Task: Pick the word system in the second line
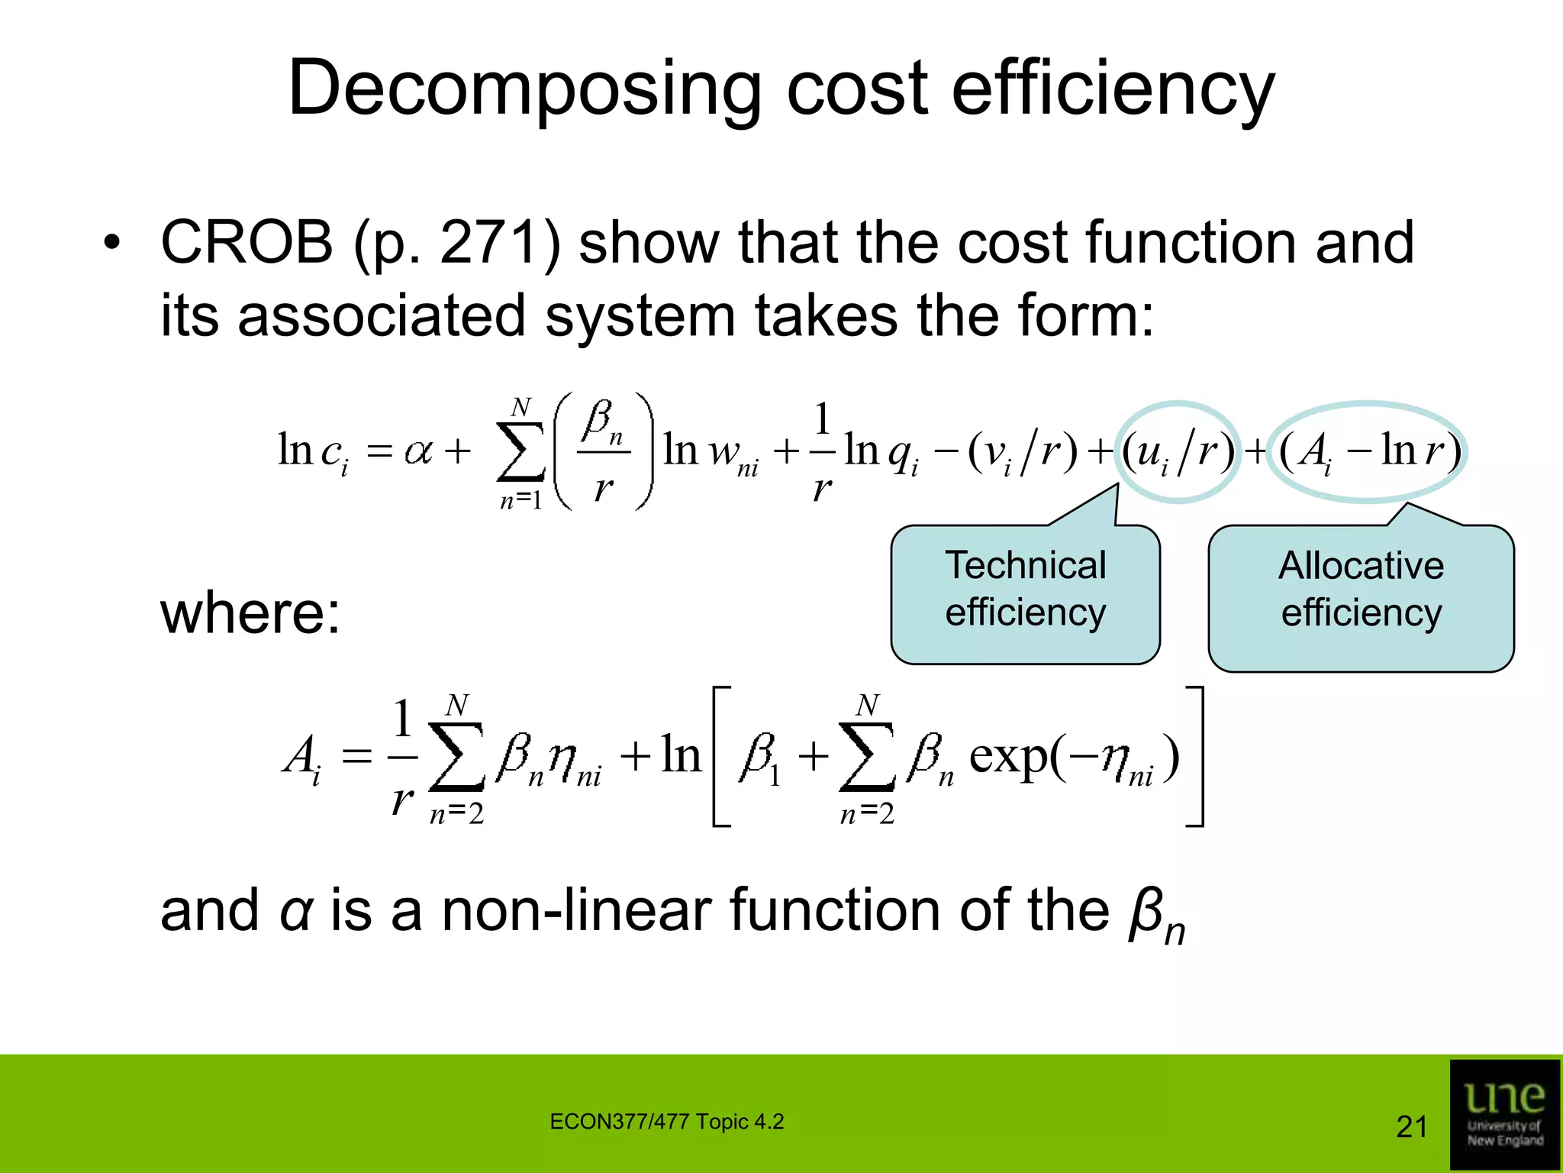[640, 315]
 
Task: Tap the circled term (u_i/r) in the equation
[1178, 451]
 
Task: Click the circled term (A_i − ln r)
[1368, 451]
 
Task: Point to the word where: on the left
[250, 612]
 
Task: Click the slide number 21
[1411, 1127]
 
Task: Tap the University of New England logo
[1504, 1115]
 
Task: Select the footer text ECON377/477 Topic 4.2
[666, 1122]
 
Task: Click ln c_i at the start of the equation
[312, 451]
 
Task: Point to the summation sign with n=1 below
[521, 452]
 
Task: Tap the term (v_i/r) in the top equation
[1023, 451]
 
